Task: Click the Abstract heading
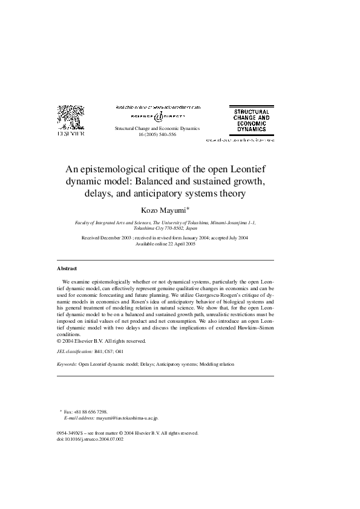(67, 268)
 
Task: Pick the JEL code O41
(120, 351)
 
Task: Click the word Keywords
(67, 365)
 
